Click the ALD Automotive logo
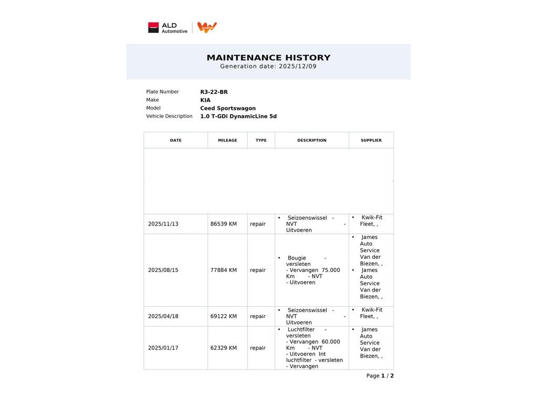(x=168, y=28)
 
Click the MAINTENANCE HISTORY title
(x=268, y=58)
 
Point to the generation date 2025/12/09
(x=297, y=66)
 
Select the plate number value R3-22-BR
(x=214, y=92)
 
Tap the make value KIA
(x=205, y=100)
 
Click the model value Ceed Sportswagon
(x=228, y=108)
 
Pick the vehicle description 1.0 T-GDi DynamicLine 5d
(x=238, y=116)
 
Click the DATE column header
(x=176, y=140)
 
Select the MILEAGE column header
(x=228, y=140)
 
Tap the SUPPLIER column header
(x=371, y=140)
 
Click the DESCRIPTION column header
(x=312, y=140)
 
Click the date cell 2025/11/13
(x=163, y=224)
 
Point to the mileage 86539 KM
(x=223, y=224)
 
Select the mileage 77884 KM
(x=223, y=270)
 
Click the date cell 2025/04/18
(x=163, y=316)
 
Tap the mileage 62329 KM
(x=223, y=348)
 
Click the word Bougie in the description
(x=297, y=258)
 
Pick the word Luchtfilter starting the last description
(x=301, y=330)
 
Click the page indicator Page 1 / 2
(x=380, y=376)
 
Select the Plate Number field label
(x=163, y=92)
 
